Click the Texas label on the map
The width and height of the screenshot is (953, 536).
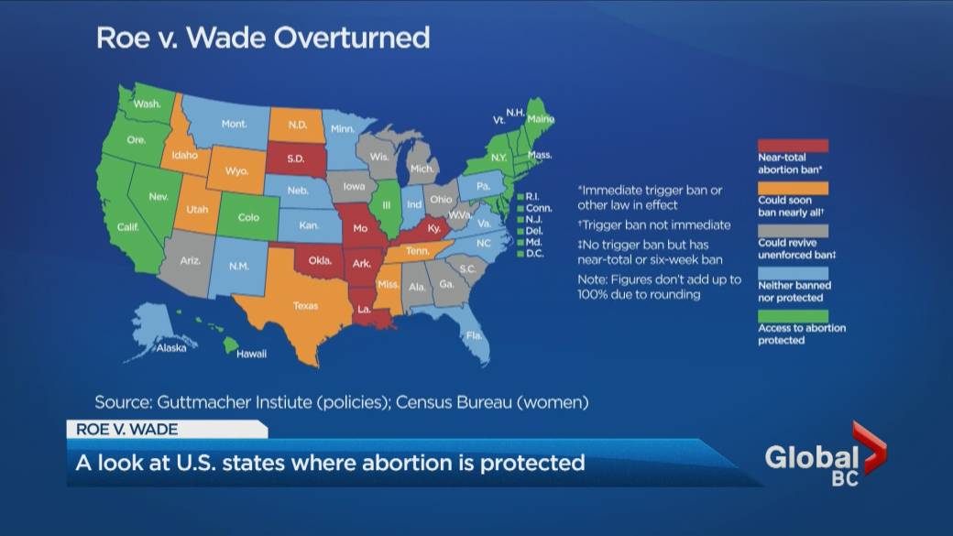tap(306, 306)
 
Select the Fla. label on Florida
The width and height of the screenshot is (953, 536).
tap(474, 335)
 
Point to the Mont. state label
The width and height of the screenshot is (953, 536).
tap(234, 124)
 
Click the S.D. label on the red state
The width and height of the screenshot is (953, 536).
tap(295, 159)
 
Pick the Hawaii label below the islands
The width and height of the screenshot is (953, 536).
tap(252, 354)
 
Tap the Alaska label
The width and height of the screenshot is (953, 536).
tap(171, 348)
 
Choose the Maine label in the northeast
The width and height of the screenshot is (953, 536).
tap(541, 119)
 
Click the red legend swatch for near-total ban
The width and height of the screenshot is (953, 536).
tap(793, 146)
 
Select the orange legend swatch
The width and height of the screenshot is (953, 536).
tap(793, 189)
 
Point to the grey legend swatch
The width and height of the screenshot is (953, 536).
tap(793, 231)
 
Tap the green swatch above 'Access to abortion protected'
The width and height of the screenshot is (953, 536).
tap(793, 316)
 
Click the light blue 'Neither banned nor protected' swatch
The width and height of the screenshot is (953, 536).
tap(793, 273)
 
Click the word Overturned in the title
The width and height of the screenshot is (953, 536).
tap(352, 38)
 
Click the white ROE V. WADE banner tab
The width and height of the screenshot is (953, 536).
tap(166, 429)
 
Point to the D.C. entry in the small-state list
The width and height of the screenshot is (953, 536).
tap(531, 254)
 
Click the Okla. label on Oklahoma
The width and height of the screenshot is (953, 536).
tap(320, 261)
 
